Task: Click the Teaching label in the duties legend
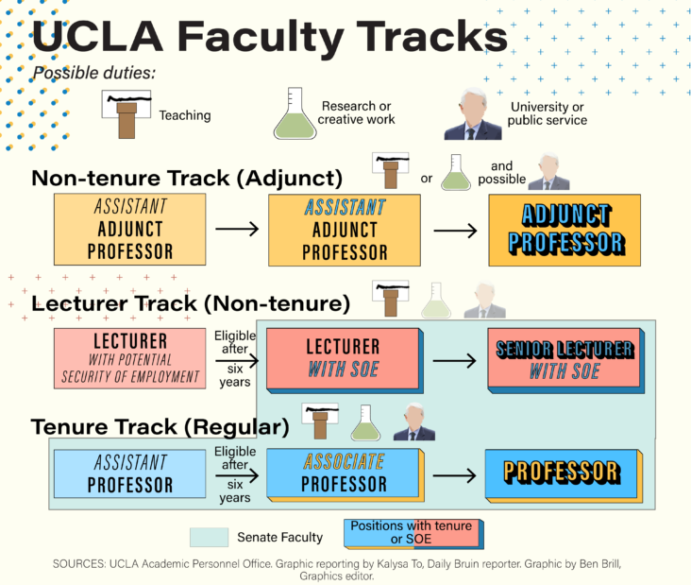point(185,115)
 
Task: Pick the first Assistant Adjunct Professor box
point(130,228)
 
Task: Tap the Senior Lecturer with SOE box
point(565,359)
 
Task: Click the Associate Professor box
point(344,473)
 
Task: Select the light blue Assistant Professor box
point(130,473)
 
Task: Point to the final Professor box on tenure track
point(562,472)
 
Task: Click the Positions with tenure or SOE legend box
point(411,534)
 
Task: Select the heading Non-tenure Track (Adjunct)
point(187,179)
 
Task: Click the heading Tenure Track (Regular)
point(160,426)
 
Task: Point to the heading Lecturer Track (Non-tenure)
point(191,303)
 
